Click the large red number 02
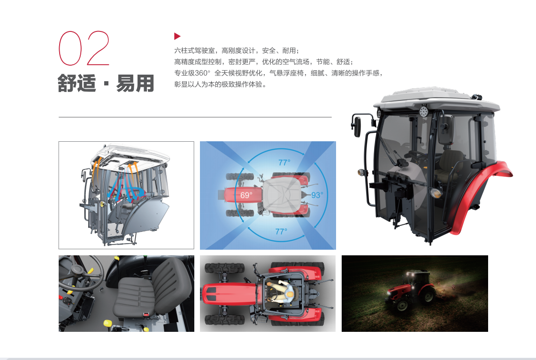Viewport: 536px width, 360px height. pos(84,48)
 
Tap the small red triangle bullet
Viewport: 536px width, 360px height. pos(177,36)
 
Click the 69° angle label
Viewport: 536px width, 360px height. pos(246,195)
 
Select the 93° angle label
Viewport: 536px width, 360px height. pos(317,195)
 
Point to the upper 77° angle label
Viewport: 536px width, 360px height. pos(284,162)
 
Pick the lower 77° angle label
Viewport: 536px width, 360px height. pos(281,232)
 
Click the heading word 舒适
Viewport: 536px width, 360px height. pos(77,83)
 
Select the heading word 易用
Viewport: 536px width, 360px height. pos(135,83)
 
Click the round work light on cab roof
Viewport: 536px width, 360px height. pos(423,111)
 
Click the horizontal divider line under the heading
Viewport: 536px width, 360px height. pos(195,117)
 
